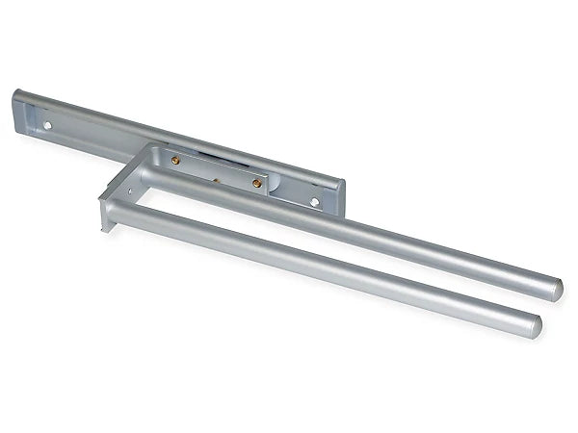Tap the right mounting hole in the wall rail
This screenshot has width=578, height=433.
click(x=315, y=202)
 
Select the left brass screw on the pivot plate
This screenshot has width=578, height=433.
click(x=175, y=161)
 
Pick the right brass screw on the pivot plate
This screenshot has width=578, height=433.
click(x=257, y=183)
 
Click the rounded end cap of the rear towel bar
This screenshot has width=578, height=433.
click(x=556, y=288)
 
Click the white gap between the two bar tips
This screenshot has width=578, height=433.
click(x=549, y=308)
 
